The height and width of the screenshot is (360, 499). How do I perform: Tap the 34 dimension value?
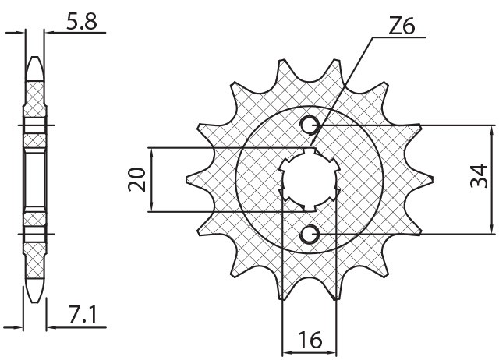pos(480,178)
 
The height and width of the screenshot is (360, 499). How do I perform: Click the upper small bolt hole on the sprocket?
pos(310,125)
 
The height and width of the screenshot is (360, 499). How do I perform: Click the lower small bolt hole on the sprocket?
pos(310,233)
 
